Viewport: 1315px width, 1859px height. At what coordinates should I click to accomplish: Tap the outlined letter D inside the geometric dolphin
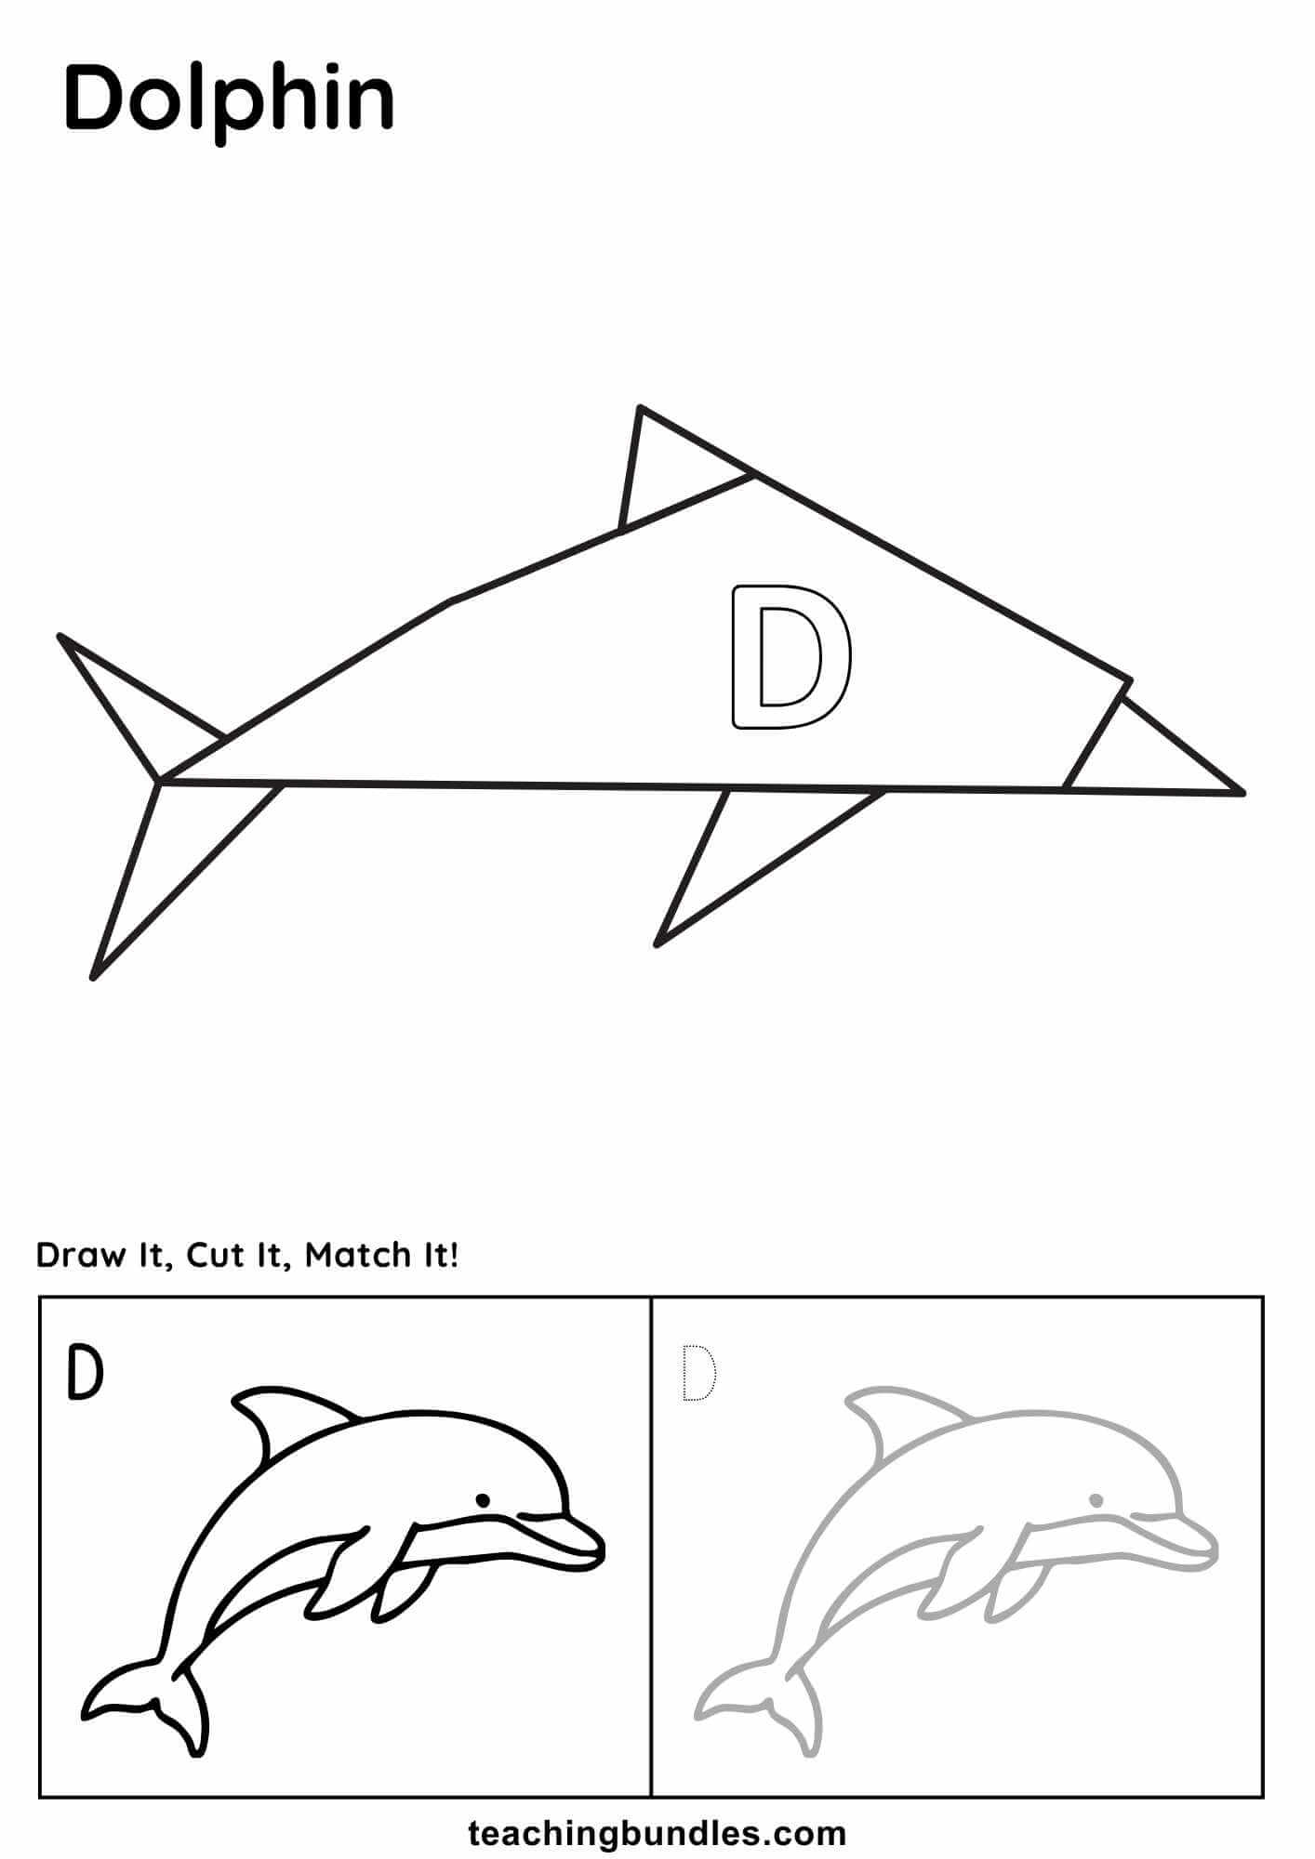click(x=790, y=656)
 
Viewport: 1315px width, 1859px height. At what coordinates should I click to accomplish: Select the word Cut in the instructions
click(x=214, y=1256)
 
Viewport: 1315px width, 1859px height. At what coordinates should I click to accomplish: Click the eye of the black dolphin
click(x=483, y=1500)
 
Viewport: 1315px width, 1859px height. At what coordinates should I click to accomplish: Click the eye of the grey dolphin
click(x=1096, y=1500)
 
